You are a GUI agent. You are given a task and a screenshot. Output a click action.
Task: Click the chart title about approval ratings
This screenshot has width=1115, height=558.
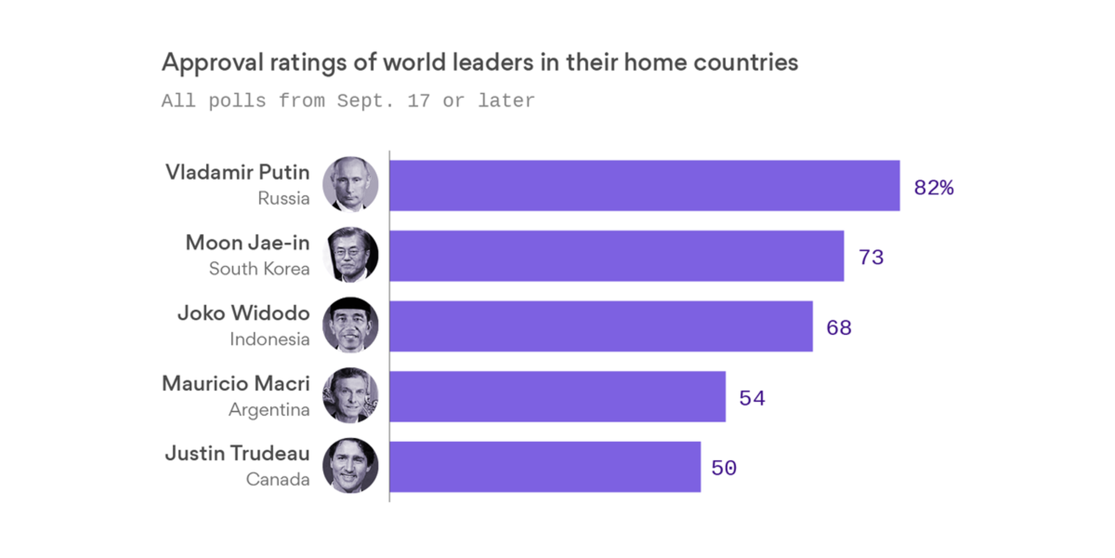[x=479, y=62]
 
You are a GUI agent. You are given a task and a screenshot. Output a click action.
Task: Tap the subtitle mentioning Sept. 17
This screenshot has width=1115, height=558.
[x=348, y=101]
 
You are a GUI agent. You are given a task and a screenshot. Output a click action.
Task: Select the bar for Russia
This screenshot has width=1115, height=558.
[x=644, y=186]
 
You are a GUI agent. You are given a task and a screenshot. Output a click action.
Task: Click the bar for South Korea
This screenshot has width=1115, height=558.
[x=617, y=256]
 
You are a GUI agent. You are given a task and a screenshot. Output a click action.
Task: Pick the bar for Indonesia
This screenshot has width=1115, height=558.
[x=601, y=326]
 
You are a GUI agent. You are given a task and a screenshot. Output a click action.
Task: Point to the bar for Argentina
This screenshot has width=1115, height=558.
[x=557, y=397]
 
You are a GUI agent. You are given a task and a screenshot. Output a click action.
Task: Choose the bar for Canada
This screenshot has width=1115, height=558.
[x=545, y=467]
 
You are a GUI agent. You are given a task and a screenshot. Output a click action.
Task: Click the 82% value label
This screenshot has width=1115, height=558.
[x=934, y=187]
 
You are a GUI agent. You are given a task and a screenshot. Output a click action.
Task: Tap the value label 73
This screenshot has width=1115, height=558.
[x=871, y=258]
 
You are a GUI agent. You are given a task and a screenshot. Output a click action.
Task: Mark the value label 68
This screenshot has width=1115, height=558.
[x=838, y=328]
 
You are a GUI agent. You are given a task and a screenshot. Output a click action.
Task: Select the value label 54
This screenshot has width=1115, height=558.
[x=752, y=398]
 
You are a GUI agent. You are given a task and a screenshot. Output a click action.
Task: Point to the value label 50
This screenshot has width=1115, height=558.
[x=724, y=468]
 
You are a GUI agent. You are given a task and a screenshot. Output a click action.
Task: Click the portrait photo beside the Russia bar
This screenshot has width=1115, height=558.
[x=350, y=185]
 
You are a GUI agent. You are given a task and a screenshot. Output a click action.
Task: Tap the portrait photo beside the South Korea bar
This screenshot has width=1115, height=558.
[x=350, y=255]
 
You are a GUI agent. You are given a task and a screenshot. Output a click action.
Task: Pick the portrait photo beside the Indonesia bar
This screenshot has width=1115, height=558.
[x=350, y=325]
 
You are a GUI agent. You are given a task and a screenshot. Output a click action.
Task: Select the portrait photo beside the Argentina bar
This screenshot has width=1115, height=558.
[x=350, y=396]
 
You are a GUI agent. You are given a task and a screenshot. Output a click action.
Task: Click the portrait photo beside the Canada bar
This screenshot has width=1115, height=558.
[x=350, y=466]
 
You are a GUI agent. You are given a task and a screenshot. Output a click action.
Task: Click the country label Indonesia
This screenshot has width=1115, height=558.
[x=269, y=339]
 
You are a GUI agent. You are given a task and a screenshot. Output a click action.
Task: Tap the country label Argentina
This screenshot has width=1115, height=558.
[x=269, y=410]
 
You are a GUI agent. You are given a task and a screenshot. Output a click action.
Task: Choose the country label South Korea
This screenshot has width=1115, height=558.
[x=259, y=269]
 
